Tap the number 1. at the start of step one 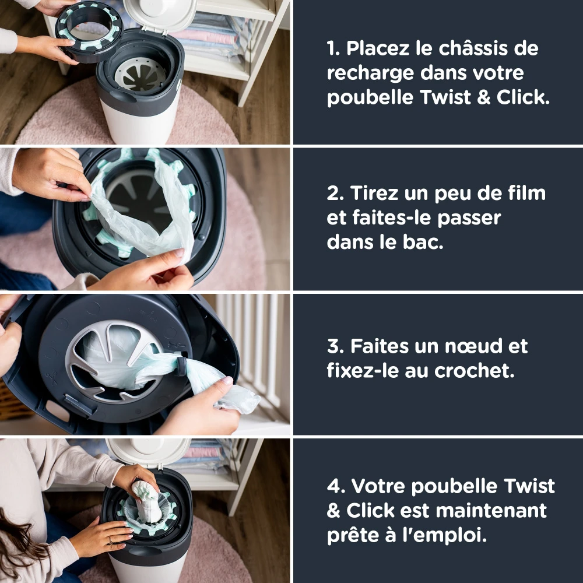[333, 49]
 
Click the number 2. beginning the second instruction [335, 193]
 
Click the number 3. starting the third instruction [335, 346]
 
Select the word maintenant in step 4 [491, 511]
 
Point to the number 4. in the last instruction [335, 486]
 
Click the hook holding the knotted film [181, 365]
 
